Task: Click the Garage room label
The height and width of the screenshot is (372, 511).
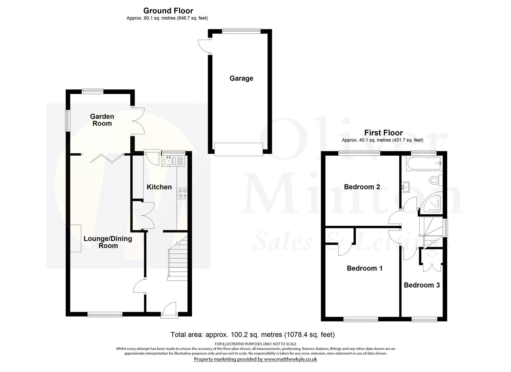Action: click(241, 78)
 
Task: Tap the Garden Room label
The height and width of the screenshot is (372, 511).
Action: click(102, 120)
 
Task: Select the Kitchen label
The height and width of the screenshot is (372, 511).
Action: click(159, 187)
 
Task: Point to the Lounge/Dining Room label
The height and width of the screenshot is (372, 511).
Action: click(108, 242)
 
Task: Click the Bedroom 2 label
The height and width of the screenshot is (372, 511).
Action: click(362, 187)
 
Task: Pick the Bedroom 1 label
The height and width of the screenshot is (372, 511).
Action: click(364, 268)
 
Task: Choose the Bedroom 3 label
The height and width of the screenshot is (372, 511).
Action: click(422, 285)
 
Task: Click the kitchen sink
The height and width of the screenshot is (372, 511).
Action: click(170, 161)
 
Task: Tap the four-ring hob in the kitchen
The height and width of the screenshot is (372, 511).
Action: click(182, 193)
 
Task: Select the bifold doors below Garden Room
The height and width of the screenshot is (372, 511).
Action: click(107, 158)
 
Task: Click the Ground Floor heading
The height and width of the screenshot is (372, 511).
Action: click(168, 11)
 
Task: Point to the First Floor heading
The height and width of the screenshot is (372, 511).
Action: click(383, 133)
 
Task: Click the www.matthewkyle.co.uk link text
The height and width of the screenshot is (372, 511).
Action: click(290, 359)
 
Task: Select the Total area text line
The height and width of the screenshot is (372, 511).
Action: click(253, 334)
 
